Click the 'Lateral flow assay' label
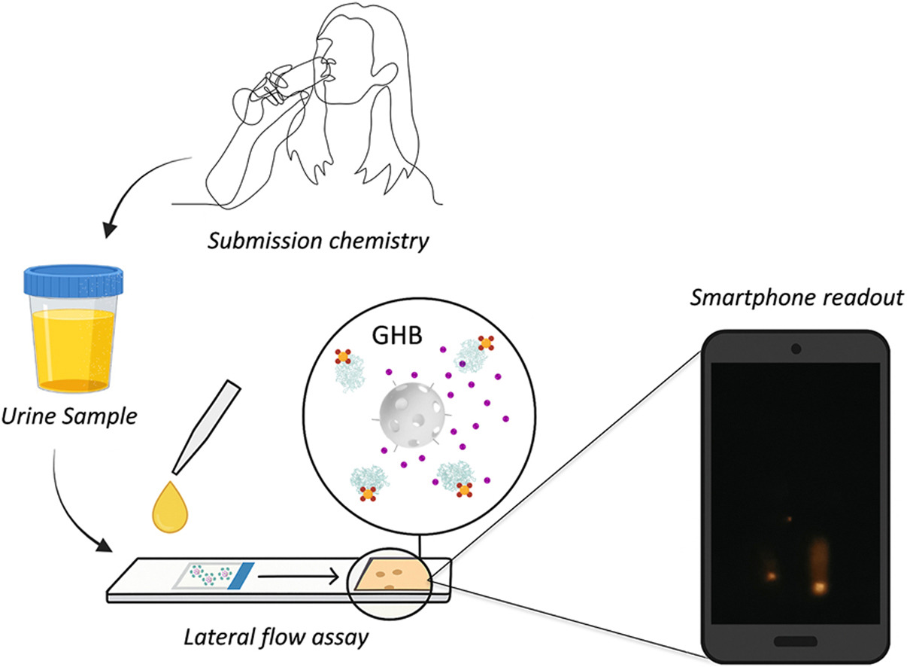click(276, 638)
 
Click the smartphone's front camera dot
click(796, 349)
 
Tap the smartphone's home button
click(795, 640)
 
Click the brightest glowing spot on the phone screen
click(820, 586)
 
